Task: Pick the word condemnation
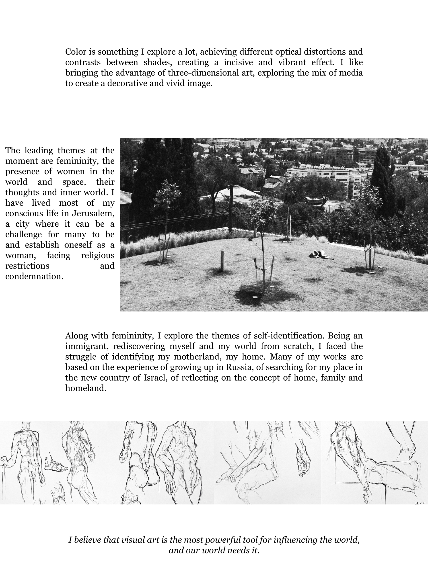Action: point(34,277)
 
